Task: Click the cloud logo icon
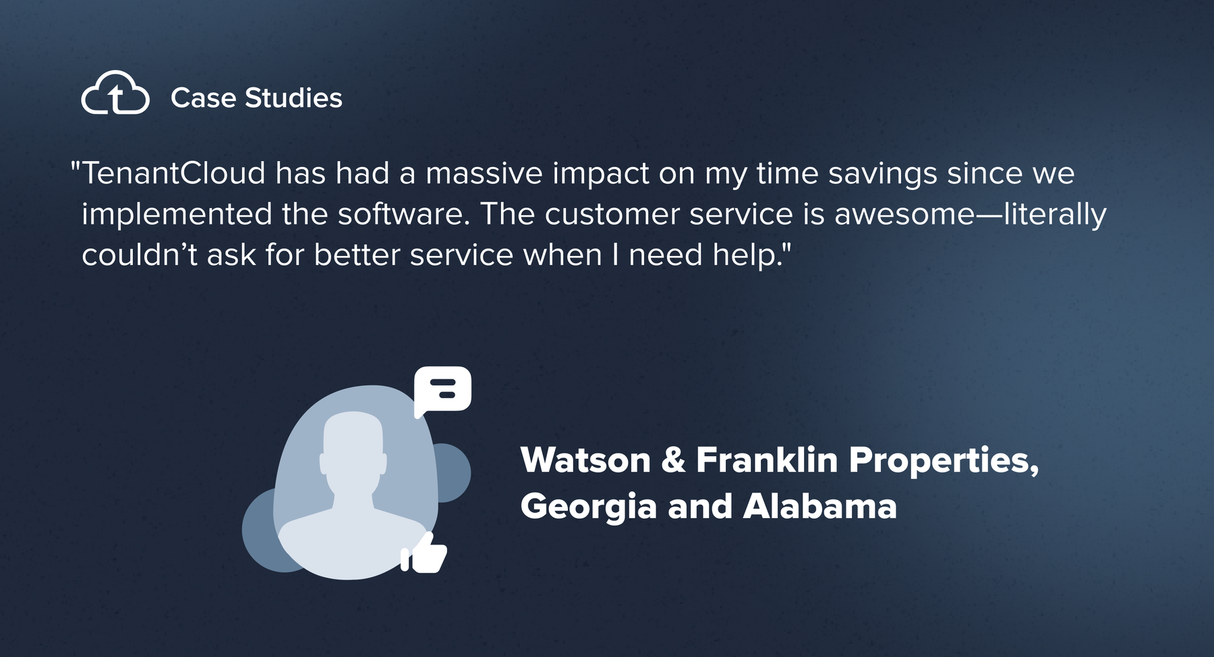115,93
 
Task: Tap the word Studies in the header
293,98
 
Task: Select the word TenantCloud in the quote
174,173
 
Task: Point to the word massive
484,174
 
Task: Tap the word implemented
177,216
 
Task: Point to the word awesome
904,216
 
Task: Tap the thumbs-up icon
424,553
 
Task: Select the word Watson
585,460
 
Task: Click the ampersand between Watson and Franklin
673,460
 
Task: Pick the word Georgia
588,507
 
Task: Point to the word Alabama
819,506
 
